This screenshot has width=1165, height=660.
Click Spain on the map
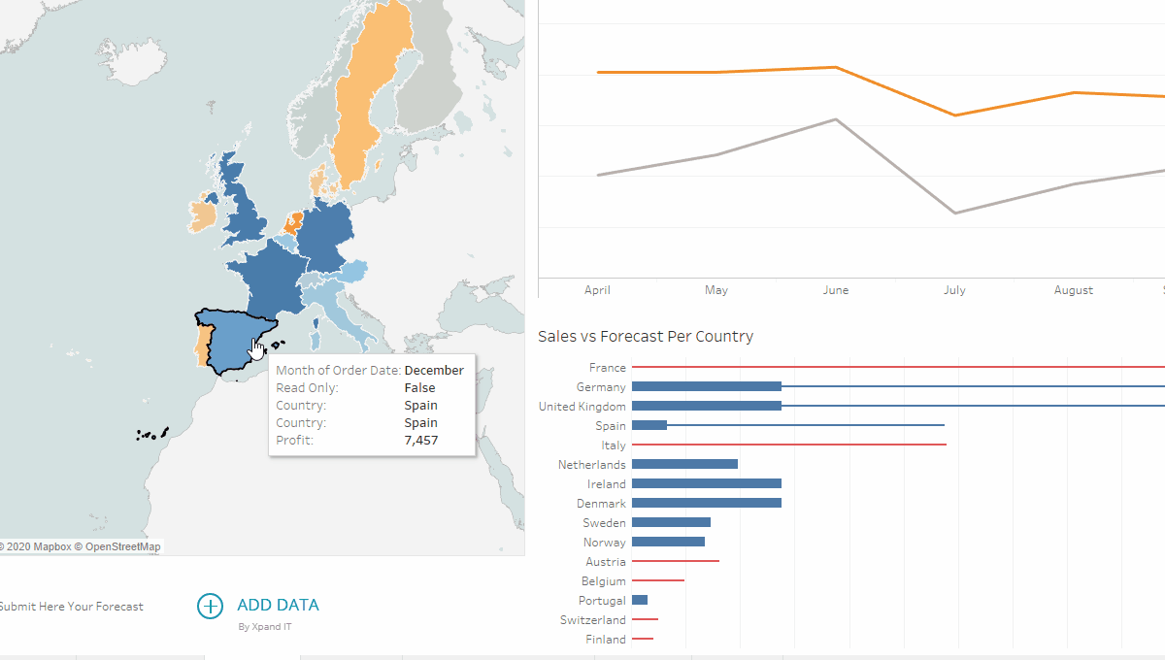[228, 340]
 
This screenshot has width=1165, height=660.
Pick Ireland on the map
[202, 216]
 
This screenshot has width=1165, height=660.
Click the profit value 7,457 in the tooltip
[420, 441]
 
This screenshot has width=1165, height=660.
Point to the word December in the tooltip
[433, 371]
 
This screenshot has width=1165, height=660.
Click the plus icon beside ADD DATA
[210, 606]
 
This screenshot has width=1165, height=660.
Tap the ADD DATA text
[278, 605]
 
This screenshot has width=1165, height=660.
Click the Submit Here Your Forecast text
[71, 607]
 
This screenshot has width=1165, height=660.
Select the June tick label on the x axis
[835, 290]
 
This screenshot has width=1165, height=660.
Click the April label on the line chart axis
[597, 290]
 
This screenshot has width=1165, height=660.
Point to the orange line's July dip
[955, 115]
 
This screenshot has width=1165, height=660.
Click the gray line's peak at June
[836, 119]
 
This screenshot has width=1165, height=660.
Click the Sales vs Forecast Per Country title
[646, 337]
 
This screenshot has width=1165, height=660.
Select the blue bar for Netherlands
[684, 464]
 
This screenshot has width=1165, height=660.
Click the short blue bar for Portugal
[640, 600]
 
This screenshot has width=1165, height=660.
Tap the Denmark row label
[602, 504]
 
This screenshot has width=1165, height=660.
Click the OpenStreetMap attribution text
[122, 546]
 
